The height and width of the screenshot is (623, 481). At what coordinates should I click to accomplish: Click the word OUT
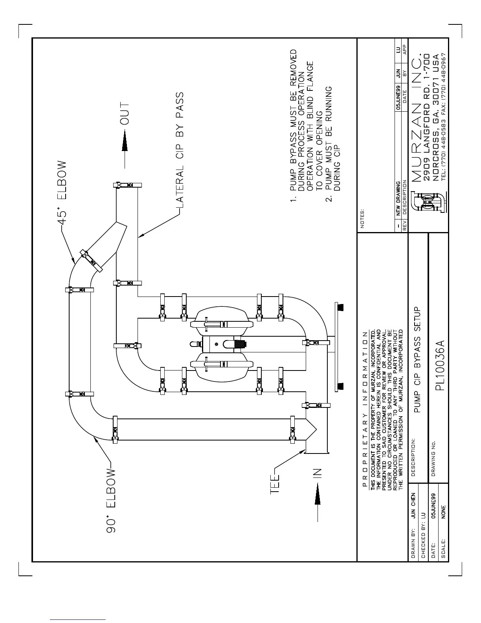pyautogui.click(x=125, y=114)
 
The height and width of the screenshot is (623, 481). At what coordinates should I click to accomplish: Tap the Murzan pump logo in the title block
pyautogui.click(x=426, y=202)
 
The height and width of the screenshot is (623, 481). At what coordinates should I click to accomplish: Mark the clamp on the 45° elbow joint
pyautogui.click(x=91, y=260)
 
